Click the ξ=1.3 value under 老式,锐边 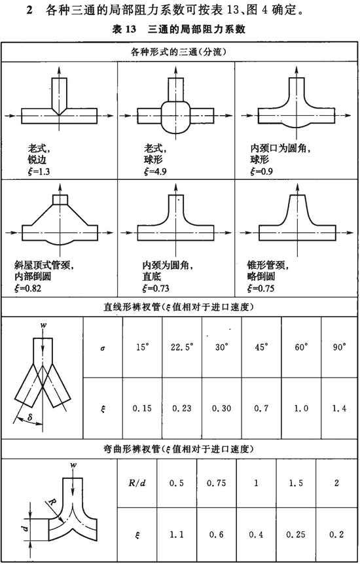39,171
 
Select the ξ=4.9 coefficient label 155,171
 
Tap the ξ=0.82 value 27,289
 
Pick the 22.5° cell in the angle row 182,348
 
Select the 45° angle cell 261,348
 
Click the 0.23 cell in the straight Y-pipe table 182,409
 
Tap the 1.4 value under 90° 339,409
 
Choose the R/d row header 137,483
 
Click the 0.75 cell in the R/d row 217,483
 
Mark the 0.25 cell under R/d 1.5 296,535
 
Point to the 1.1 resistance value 177,535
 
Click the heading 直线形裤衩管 132,308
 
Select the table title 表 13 124,29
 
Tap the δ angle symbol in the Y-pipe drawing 30,418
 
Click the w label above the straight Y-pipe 43,326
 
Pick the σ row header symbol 103,348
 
